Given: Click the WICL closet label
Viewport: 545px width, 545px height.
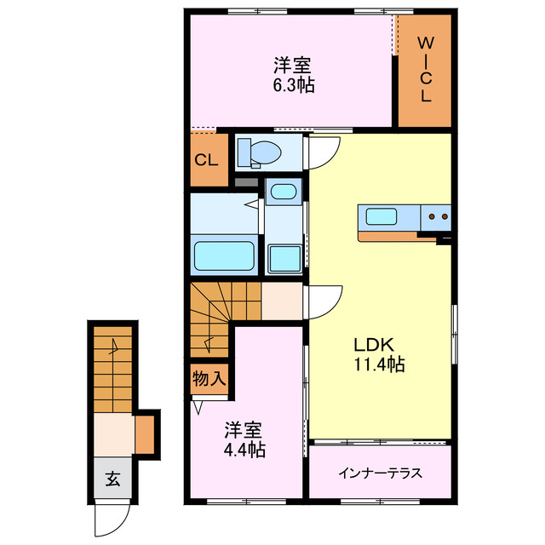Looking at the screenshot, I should click(x=425, y=70).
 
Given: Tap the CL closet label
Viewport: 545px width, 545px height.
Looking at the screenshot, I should click(x=206, y=160).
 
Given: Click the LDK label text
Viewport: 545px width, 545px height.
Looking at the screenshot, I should click(x=373, y=347).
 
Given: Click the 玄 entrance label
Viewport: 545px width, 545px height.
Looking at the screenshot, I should click(x=112, y=479).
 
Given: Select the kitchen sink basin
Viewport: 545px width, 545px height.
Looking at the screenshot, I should click(x=379, y=216).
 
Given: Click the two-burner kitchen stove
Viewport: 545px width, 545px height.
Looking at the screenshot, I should click(x=439, y=217).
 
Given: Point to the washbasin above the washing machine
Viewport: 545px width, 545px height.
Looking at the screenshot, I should click(x=281, y=192).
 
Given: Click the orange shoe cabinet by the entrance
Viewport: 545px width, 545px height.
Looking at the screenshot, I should click(x=146, y=433).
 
